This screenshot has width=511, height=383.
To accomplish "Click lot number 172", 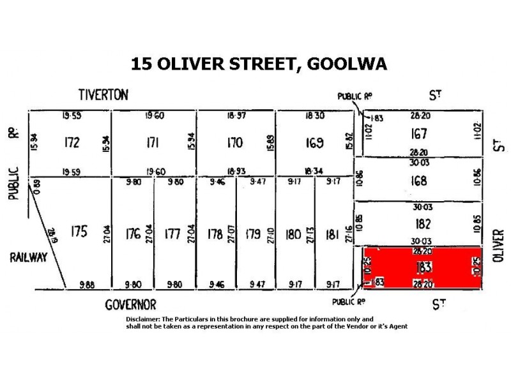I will [72, 142].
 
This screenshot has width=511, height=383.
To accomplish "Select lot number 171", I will [152, 142].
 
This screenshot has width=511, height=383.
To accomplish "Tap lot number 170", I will [235, 142].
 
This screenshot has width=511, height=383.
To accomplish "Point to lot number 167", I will [420, 134].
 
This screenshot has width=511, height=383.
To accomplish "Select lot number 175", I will [80, 231].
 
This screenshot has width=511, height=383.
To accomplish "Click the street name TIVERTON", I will [103, 95].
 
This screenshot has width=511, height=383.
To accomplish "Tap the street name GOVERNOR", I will [130, 305].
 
